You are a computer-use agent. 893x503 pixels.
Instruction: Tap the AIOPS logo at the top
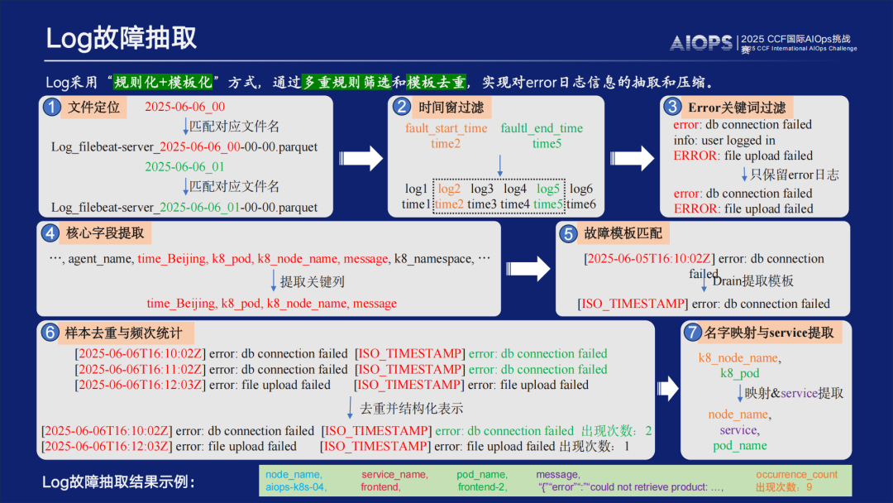[700, 43]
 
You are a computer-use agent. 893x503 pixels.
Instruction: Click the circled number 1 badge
[52, 108]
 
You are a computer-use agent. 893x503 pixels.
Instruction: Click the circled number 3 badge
[673, 107]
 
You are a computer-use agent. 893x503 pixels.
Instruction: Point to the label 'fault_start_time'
[446, 128]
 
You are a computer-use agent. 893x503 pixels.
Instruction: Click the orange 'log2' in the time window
[449, 189]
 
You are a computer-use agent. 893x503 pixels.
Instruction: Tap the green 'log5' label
[547, 189]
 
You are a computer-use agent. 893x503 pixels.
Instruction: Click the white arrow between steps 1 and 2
[361, 157]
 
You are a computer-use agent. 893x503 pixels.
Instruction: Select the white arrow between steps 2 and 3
[630, 157]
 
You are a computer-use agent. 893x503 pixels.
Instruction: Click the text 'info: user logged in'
[724, 141]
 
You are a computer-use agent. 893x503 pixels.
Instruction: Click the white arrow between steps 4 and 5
[532, 268]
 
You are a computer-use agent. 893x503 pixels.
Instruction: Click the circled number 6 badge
[50, 333]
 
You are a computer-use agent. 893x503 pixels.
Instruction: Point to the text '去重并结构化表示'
[411, 408]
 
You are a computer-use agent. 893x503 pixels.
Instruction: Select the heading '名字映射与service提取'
[768, 333]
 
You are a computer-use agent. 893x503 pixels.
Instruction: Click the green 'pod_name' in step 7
[740, 445]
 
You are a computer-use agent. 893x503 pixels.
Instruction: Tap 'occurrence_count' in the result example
[796, 475]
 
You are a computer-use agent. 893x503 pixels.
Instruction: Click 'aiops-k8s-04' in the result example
[295, 487]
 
